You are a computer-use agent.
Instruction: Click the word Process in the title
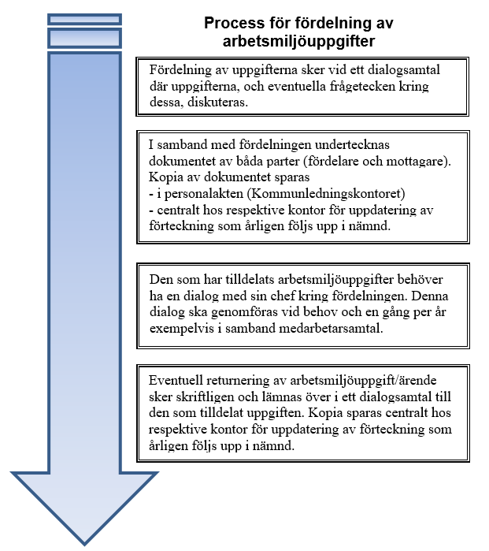point(235,23)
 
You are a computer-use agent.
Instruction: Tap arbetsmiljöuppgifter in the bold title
point(298,42)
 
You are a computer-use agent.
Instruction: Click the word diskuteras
point(217,102)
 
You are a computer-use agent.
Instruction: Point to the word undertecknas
point(352,144)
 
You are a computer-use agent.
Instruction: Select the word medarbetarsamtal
point(331,328)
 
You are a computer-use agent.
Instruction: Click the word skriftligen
point(203,397)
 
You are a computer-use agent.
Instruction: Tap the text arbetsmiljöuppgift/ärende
point(363,381)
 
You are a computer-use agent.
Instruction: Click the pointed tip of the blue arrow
point(84,545)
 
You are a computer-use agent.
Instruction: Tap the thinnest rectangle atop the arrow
point(84,20)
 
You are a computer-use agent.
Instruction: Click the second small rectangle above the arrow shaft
point(84,39)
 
